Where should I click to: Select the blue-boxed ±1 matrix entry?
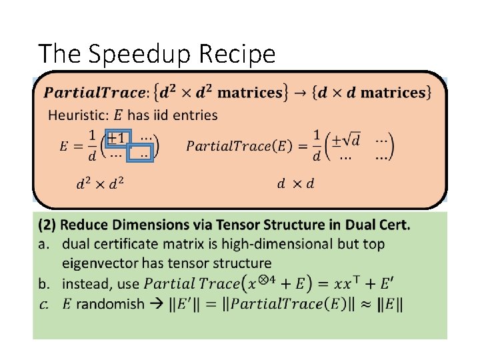click(119, 138)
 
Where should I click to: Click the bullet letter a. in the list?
click(45, 244)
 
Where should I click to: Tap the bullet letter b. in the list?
click(45, 284)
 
